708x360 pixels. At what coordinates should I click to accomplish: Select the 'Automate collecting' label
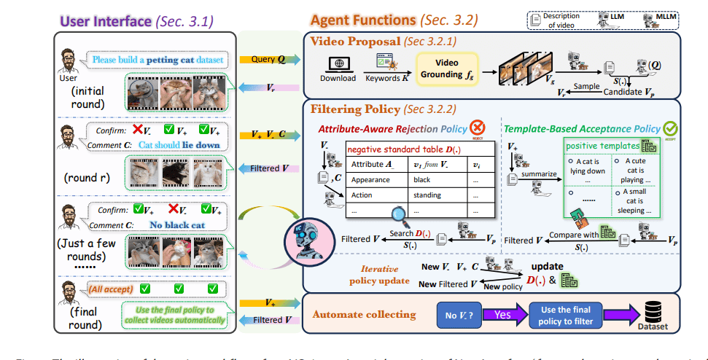[360, 315]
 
